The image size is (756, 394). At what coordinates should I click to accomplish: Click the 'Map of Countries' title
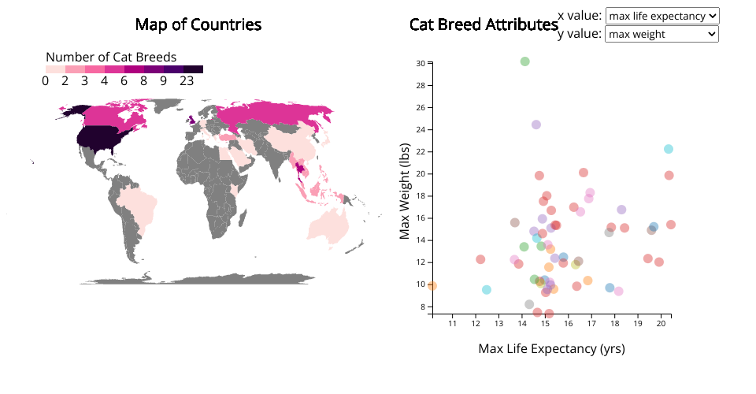198,24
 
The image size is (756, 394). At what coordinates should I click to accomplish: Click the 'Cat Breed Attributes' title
484,24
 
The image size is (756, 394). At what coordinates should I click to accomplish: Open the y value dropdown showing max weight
661,34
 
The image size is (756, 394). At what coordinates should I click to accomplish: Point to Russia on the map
268,114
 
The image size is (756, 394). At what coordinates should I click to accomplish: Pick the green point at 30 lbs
524,61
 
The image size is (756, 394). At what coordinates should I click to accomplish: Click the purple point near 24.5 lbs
536,125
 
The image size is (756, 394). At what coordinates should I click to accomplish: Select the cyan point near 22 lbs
669,149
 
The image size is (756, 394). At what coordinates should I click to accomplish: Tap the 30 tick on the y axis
421,63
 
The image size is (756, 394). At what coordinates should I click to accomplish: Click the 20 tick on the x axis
663,322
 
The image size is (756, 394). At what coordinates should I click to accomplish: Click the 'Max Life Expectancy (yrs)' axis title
551,348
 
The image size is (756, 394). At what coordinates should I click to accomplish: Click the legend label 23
187,80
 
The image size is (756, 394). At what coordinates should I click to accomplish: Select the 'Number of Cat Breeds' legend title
111,57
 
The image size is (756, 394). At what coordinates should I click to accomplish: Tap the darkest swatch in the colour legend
194,69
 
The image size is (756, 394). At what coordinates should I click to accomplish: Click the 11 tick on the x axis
453,322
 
